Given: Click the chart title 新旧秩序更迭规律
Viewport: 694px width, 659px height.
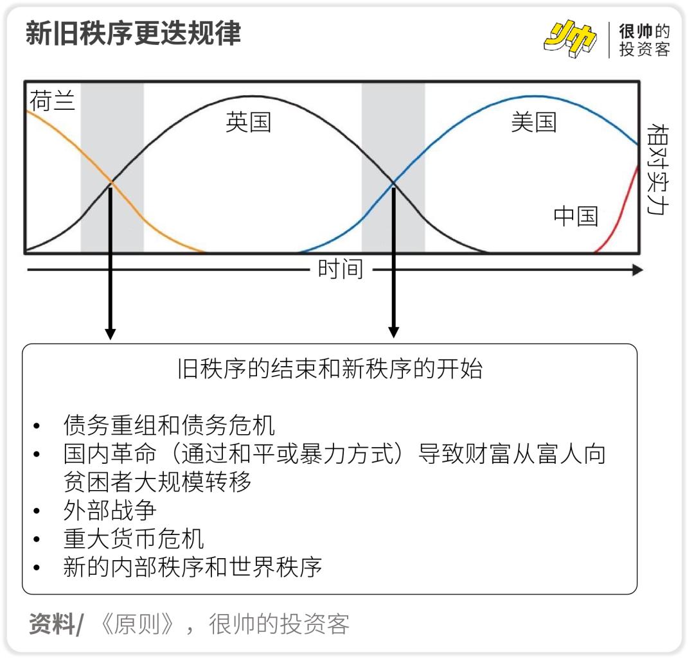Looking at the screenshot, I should [x=133, y=33].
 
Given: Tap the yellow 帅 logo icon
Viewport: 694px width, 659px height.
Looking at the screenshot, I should [x=569, y=39].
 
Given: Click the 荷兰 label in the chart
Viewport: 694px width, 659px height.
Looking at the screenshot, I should [x=52, y=101].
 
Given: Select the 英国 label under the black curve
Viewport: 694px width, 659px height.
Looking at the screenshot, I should [x=248, y=122].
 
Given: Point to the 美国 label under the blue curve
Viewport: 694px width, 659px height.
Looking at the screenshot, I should [x=533, y=122].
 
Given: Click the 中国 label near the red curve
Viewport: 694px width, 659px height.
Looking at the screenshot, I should [x=576, y=216].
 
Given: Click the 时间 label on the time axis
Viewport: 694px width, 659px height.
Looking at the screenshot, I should [x=341, y=269].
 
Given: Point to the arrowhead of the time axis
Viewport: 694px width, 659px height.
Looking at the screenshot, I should [x=637, y=270].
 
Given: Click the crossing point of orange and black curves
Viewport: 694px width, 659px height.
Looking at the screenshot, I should [x=112, y=184].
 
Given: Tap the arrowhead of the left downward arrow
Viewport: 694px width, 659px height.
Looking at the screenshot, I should [x=111, y=333].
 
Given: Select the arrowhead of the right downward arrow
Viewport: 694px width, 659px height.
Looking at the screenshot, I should [x=393, y=332].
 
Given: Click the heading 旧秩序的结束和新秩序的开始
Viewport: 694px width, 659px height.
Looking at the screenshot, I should [x=330, y=370].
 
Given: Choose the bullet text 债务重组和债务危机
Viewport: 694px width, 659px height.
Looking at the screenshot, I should [x=169, y=425].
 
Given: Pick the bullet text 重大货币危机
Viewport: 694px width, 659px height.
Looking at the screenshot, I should [x=134, y=538].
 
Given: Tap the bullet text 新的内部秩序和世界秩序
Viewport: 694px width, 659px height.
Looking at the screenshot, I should [x=192, y=567].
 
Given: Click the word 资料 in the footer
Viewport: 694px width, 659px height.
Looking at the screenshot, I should [x=51, y=624].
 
